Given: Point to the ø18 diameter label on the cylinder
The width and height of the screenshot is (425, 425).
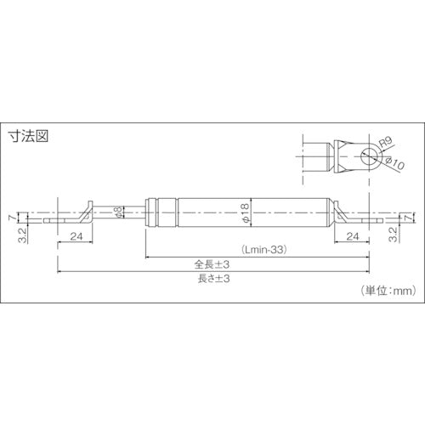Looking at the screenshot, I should pyautogui.click(x=244, y=212).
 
